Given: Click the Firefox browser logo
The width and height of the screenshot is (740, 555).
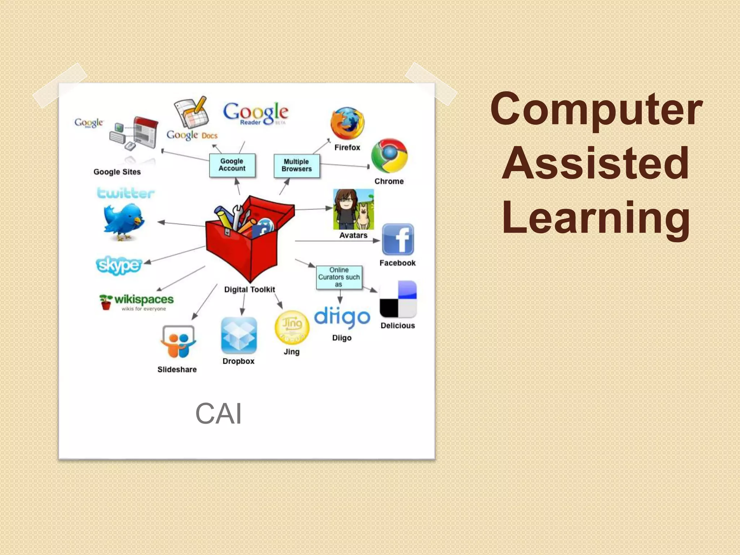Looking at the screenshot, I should (x=347, y=123).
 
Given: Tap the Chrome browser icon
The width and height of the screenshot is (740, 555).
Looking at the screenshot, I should (x=390, y=156).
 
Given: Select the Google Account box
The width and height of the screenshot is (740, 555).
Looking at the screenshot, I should (x=232, y=165).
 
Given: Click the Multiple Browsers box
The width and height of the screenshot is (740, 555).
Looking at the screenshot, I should (x=297, y=165).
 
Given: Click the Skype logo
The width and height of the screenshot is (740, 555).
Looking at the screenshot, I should (x=119, y=265).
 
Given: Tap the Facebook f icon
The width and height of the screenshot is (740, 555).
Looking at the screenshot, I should (x=398, y=240).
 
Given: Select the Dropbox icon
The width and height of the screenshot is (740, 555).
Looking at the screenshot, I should (x=239, y=336).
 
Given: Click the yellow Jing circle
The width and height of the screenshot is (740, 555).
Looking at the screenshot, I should (x=292, y=327).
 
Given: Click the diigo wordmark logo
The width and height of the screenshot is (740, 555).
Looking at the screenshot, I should (x=342, y=317).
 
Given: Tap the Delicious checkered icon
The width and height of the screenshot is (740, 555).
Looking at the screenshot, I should (x=398, y=299).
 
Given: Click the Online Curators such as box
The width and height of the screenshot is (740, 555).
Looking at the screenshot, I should (x=339, y=277).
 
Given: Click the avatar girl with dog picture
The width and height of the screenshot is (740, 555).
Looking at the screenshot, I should (x=353, y=209).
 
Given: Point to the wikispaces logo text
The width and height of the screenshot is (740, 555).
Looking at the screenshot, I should (x=144, y=300).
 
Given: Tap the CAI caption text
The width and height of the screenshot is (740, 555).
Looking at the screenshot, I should (x=218, y=413).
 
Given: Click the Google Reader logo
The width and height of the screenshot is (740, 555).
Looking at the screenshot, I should (x=255, y=113).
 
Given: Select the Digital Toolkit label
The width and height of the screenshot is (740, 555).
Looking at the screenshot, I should (x=249, y=289).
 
